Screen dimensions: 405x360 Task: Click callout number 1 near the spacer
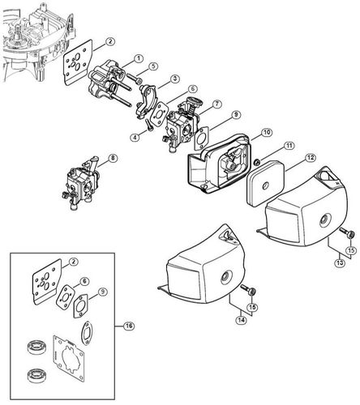139,58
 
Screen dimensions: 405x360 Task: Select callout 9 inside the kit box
103,292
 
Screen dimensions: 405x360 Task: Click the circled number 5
153,66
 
